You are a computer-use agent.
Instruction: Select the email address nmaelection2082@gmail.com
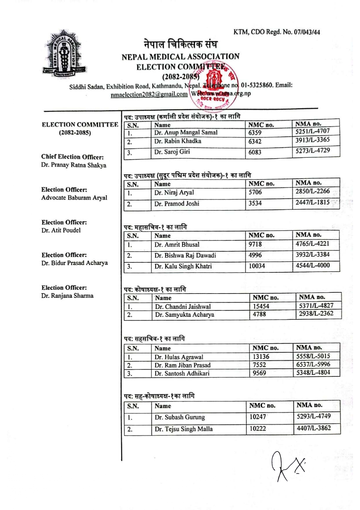pyautogui.click(x=149, y=94)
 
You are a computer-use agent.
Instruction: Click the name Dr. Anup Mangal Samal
pyautogui.click(x=186, y=133)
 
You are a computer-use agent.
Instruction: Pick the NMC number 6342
pyautogui.click(x=255, y=142)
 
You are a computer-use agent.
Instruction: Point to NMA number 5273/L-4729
pyautogui.click(x=313, y=151)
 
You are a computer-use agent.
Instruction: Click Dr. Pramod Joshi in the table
pyautogui.click(x=177, y=204)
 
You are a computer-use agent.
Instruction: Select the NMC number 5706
pyautogui.click(x=255, y=192)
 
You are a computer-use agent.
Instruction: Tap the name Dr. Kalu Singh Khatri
pyautogui.click(x=183, y=266)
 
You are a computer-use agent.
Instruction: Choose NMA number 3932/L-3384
pyautogui.click(x=312, y=255)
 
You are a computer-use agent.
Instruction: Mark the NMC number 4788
pyautogui.click(x=259, y=314)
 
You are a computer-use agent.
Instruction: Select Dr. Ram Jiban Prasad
pyautogui.click(x=182, y=365)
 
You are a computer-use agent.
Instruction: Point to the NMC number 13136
pyautogui.click(x=261, y=357)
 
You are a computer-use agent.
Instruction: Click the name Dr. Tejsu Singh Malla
pyautogui.click(x=183, y=429)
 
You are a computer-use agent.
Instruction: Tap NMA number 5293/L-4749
pyautogui.click(x=314, y=416)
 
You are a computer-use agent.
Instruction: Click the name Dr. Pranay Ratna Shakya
pyautogui.click(x=74, y=165)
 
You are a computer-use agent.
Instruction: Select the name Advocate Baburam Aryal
pyautogui.click(x=74, y=198)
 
